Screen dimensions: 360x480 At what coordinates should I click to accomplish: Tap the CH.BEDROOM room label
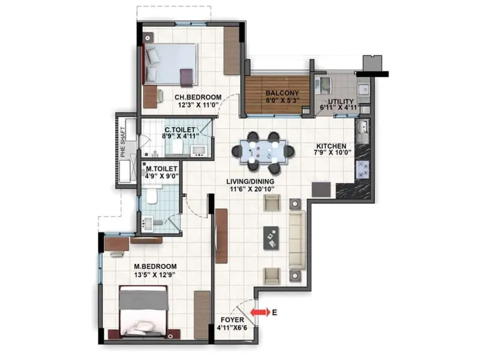point(198,97)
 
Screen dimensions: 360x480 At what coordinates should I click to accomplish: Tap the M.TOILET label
point(161,170)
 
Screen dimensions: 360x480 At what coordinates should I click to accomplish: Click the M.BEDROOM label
point(155,266)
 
